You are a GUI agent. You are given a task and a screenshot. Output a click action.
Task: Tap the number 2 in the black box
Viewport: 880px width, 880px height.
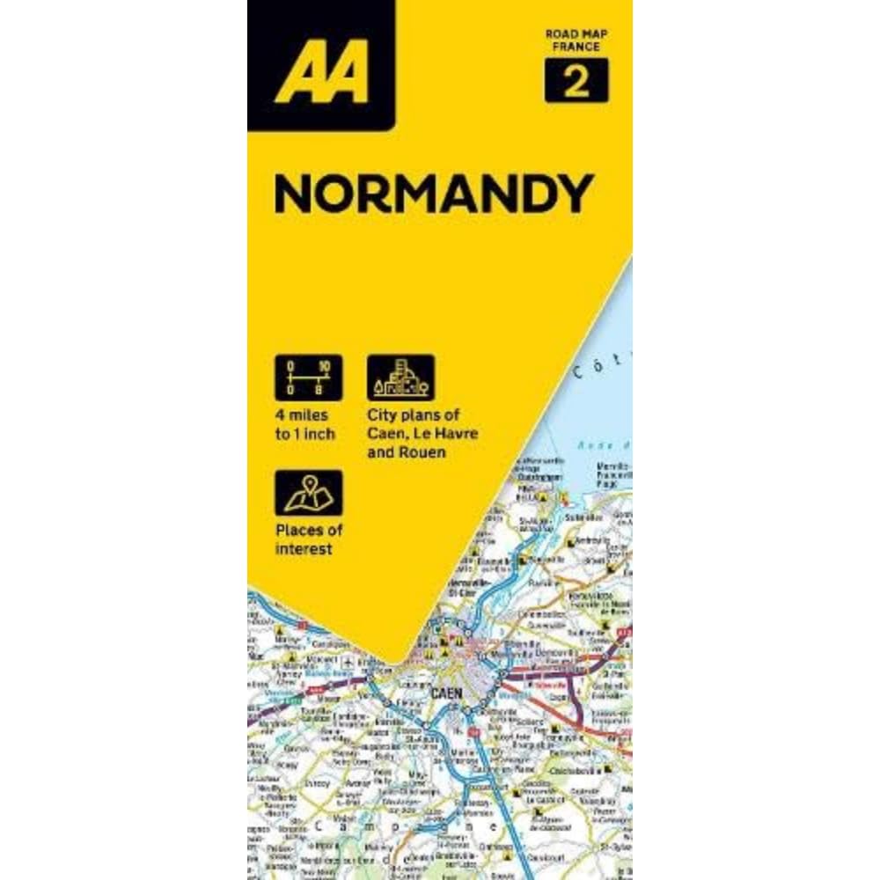point(576,82)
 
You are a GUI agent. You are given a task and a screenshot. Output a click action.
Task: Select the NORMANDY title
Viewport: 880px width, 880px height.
point(433,194)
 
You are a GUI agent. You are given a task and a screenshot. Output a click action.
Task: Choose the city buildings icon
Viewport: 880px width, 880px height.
point(400,377)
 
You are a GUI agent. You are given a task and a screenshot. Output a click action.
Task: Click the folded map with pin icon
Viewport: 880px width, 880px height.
point(308,493)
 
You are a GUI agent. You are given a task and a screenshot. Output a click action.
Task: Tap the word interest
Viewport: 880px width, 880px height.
point(303,549)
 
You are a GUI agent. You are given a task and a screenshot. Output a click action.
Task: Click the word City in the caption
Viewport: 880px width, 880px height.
point(381,415)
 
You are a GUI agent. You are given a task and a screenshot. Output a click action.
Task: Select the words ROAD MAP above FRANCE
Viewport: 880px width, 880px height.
point(577,34)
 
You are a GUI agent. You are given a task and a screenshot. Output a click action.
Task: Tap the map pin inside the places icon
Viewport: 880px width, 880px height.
point(310,485)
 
